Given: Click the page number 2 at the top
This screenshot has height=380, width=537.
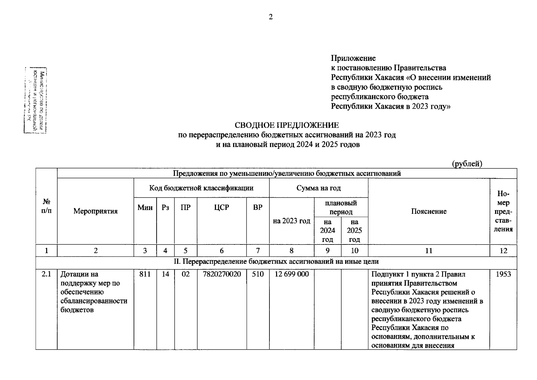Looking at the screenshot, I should click(270, 17).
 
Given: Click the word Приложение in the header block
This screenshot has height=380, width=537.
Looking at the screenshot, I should click(353, 58).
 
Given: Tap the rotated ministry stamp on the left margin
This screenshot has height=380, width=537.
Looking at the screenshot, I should click(35, 100).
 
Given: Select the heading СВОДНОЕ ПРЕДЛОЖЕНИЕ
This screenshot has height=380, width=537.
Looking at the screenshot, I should click(287, 125).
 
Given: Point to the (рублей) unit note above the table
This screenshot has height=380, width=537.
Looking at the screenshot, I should click(467, 164).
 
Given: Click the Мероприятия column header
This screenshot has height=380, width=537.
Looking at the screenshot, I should click(96, 211).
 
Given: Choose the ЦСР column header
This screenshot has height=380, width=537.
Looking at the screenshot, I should click(221, 207).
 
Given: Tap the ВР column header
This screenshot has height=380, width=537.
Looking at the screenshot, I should click(258, 207).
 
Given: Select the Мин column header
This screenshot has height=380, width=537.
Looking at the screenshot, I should click(145, 207).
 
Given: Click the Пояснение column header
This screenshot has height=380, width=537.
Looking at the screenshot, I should click(429, 211).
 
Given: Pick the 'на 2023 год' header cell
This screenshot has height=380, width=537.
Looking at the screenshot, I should click(291, 221).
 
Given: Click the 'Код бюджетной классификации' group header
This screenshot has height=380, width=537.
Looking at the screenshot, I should click(201, 188).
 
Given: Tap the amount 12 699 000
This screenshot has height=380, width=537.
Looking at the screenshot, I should click(291, 274).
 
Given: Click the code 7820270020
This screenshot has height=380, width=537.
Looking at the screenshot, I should click(221, 274).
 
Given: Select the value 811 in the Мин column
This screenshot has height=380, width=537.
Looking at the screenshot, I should click(145, 274).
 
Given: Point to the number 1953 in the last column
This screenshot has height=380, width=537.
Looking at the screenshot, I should click(503, 274).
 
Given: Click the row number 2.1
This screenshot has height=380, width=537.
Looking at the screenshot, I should click(46, 274).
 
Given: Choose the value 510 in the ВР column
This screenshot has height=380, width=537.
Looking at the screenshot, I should click(258, 274).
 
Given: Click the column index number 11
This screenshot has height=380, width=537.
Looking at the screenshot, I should click(429, 251).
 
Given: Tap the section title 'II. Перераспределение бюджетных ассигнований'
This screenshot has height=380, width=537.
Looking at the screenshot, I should click(276, 262).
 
